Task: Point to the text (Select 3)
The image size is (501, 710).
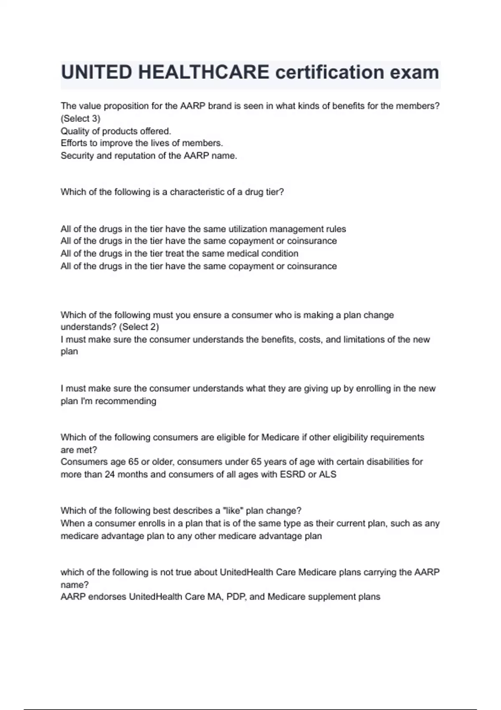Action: coord(81,119)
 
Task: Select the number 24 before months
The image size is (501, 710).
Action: coord(110,474)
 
